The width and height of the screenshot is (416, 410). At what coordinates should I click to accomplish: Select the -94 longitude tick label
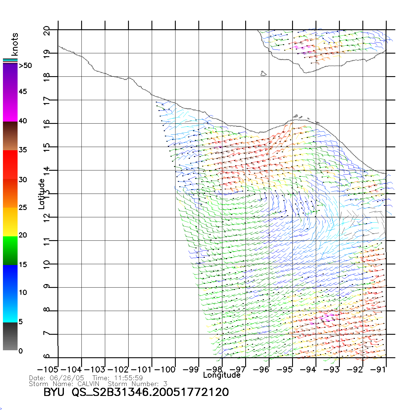pos(308,370)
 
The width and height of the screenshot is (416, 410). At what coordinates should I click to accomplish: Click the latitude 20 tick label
pos(47,30)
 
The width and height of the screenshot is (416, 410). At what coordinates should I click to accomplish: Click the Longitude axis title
pos(222,375)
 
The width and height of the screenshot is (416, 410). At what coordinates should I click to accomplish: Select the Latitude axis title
pos(42,194)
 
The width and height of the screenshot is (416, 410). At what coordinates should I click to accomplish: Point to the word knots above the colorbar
pos(15,44)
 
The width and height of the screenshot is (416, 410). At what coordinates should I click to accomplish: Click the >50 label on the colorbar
pos(25,66)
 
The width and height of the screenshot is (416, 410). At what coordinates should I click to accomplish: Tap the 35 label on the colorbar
pos(23,150)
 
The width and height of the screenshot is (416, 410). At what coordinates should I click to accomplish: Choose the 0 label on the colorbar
pos(21,351)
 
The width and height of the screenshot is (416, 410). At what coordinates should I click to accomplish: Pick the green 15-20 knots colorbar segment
pos(10,250)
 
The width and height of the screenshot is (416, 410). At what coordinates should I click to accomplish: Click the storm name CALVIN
pos(88,384)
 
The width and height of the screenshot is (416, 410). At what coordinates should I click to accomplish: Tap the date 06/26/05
pos(67,378)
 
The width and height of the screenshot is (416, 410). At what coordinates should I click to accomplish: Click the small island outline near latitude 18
pos(263,74)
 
